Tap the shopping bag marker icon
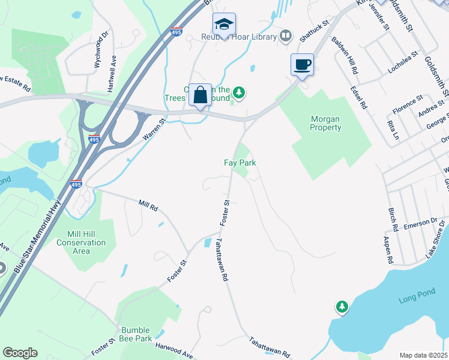[x=200, y=95]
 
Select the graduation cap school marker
[x=224, y=25]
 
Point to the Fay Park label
[x=240, y=163]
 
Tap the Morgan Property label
[x=325, y=123]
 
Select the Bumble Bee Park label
[x=136, y=334]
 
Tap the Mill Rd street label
[x=148, y=206]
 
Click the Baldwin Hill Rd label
[x=346, y=55]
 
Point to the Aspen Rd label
[x=387, y=250]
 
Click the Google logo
[x=20, y=353]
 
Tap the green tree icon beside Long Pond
[x=342, y=307]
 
